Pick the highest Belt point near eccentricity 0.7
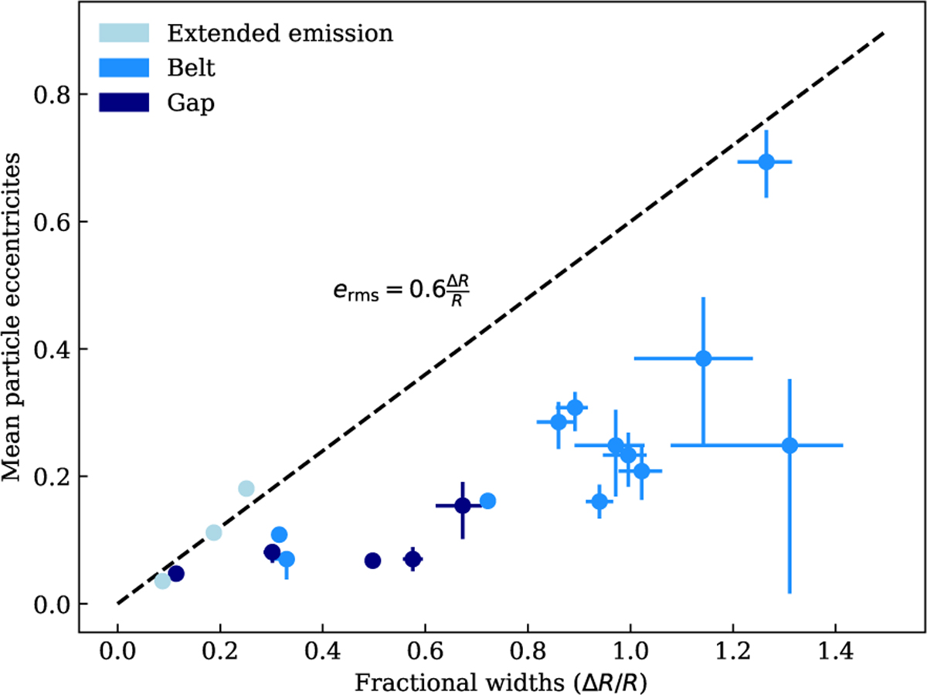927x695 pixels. [x=766, y=162]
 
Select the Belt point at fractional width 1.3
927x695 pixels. [x=789, y=446]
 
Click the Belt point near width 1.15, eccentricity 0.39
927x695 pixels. [x=703, y=358]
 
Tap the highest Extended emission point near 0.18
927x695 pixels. [x=246, y=488]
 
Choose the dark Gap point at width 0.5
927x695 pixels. [x=372, y=561]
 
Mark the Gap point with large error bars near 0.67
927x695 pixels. [x=462, y=506]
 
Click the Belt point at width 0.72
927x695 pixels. [x=487, y=501]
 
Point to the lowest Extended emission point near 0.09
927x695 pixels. [x=162, y=581]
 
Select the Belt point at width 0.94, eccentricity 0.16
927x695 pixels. [x=599, y=502]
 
